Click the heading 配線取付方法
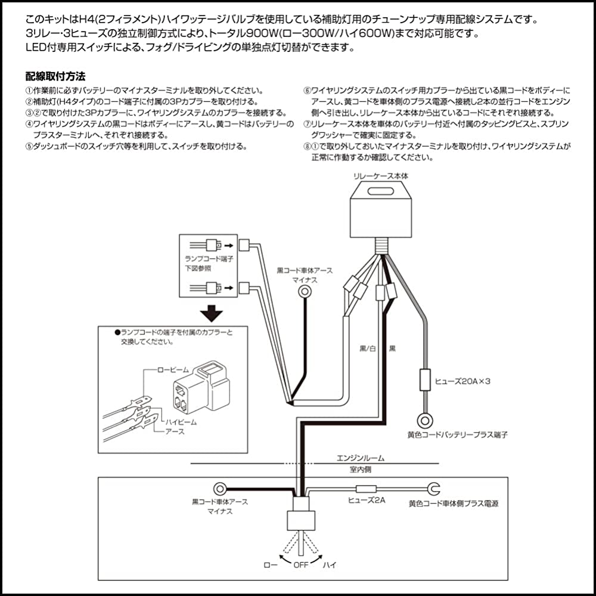click(x=55, y=77)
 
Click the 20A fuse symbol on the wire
click(x=426, y=379)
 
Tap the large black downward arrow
click(x=211, y=312)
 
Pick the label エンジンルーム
click(x=361, y=458)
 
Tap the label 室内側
click(x=361, y=470)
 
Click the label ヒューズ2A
click(x=367, y=501)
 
